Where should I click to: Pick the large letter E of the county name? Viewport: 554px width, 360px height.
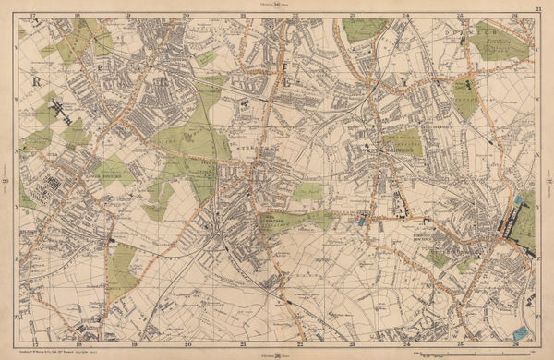coord(286,80)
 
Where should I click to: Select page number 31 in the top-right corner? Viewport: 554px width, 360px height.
coord(538,8)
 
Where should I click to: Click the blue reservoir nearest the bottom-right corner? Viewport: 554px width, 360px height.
coord(520,330)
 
